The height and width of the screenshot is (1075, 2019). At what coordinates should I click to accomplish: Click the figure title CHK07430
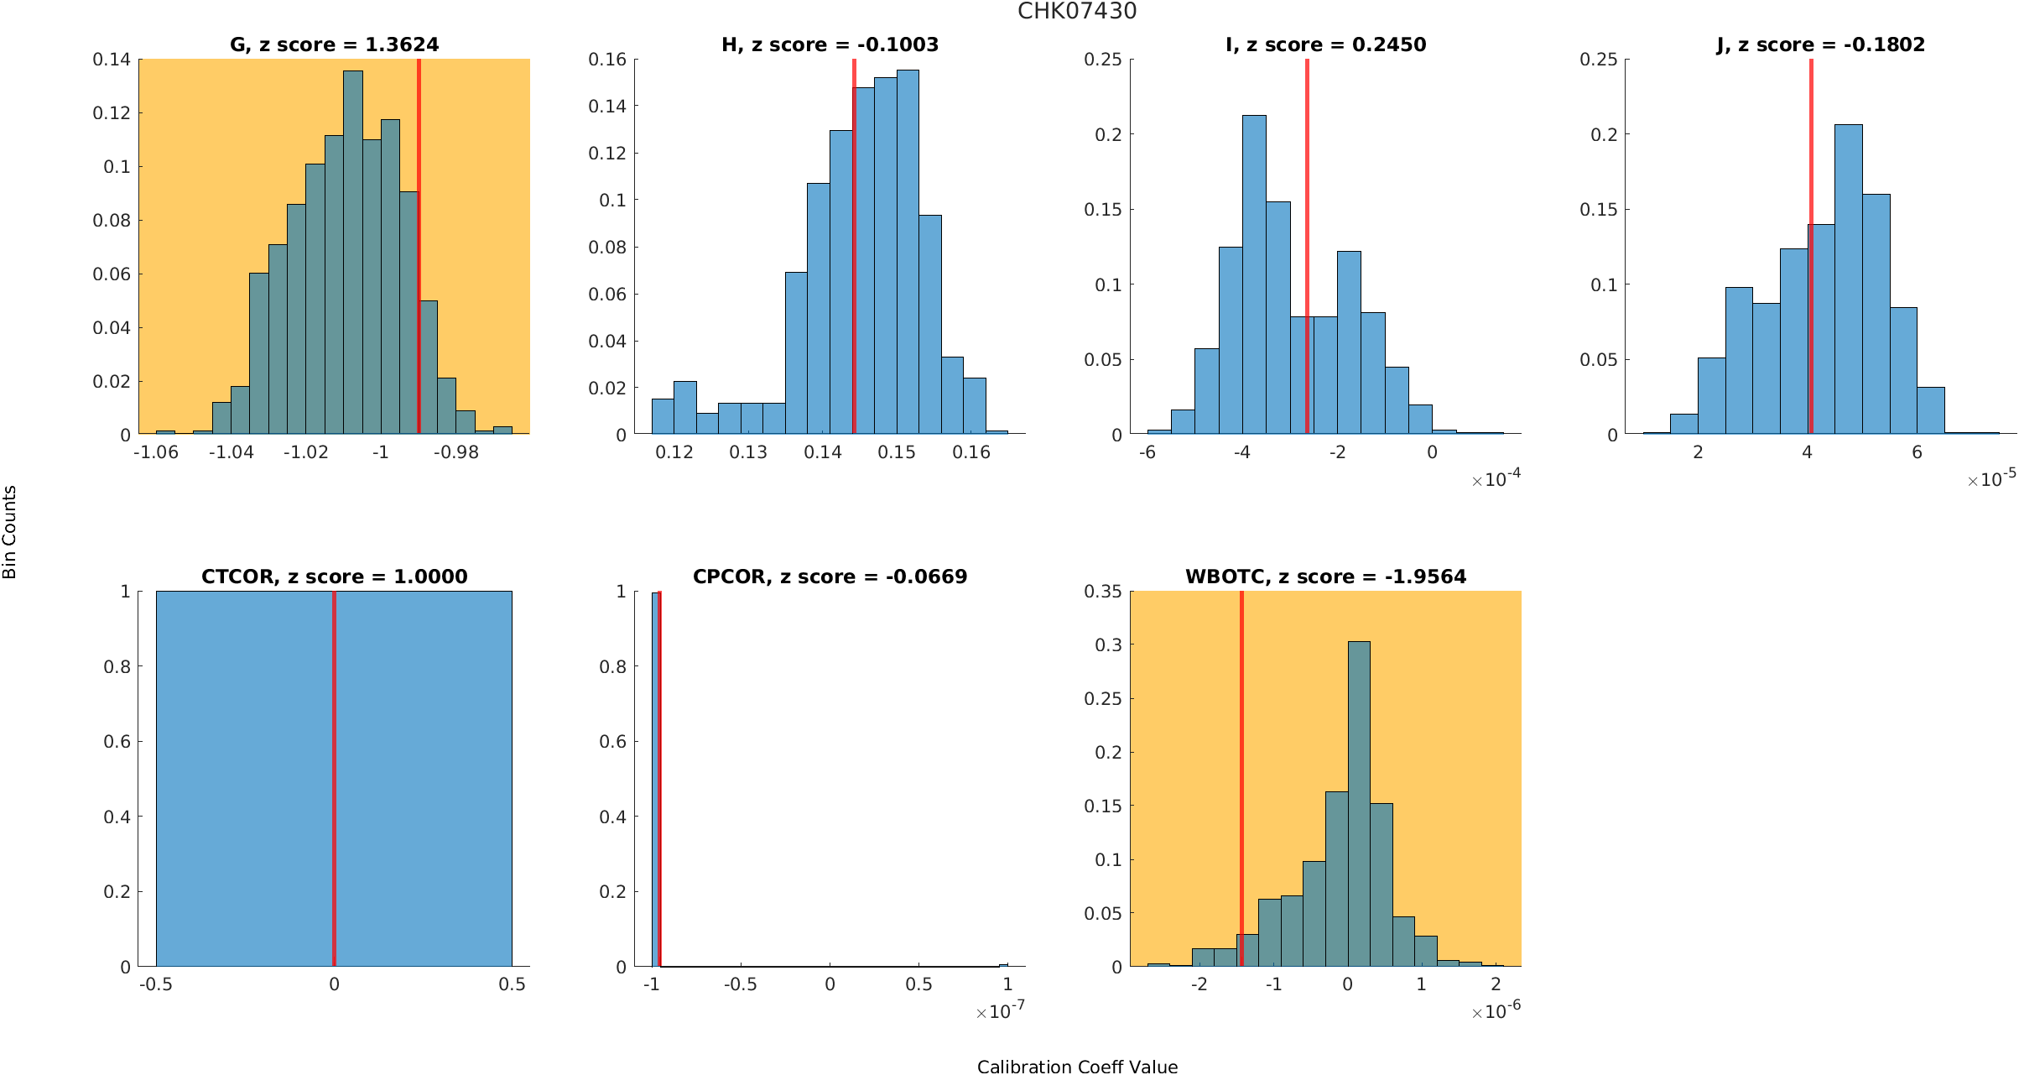[1077, 12]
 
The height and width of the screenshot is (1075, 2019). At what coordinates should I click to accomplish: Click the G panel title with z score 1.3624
[334, 44]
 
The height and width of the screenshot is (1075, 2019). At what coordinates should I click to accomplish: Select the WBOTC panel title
[1325, 577]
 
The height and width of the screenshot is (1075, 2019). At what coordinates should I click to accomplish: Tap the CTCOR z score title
[334, 577]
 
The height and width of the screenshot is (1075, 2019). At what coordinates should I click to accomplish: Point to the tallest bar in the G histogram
[353, 252]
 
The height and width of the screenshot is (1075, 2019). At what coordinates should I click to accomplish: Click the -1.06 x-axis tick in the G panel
[156, 452]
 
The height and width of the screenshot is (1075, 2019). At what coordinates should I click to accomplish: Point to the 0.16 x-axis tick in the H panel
[971, 452]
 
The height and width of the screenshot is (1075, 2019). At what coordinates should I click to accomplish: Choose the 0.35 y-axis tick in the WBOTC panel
[1102, 592]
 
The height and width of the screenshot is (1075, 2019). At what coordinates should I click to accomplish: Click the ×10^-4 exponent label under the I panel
[1496, 479]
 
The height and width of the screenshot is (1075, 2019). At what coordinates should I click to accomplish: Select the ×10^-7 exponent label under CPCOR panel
[1000, 1011]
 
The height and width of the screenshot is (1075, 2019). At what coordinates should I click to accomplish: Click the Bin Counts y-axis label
[10, 532]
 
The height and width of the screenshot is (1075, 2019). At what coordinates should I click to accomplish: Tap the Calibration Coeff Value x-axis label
[1077, 1067]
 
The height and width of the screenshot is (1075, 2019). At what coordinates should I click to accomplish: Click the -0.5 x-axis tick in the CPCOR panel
[740, 984]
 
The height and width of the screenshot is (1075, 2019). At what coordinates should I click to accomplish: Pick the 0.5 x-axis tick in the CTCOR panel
[512, 984]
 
